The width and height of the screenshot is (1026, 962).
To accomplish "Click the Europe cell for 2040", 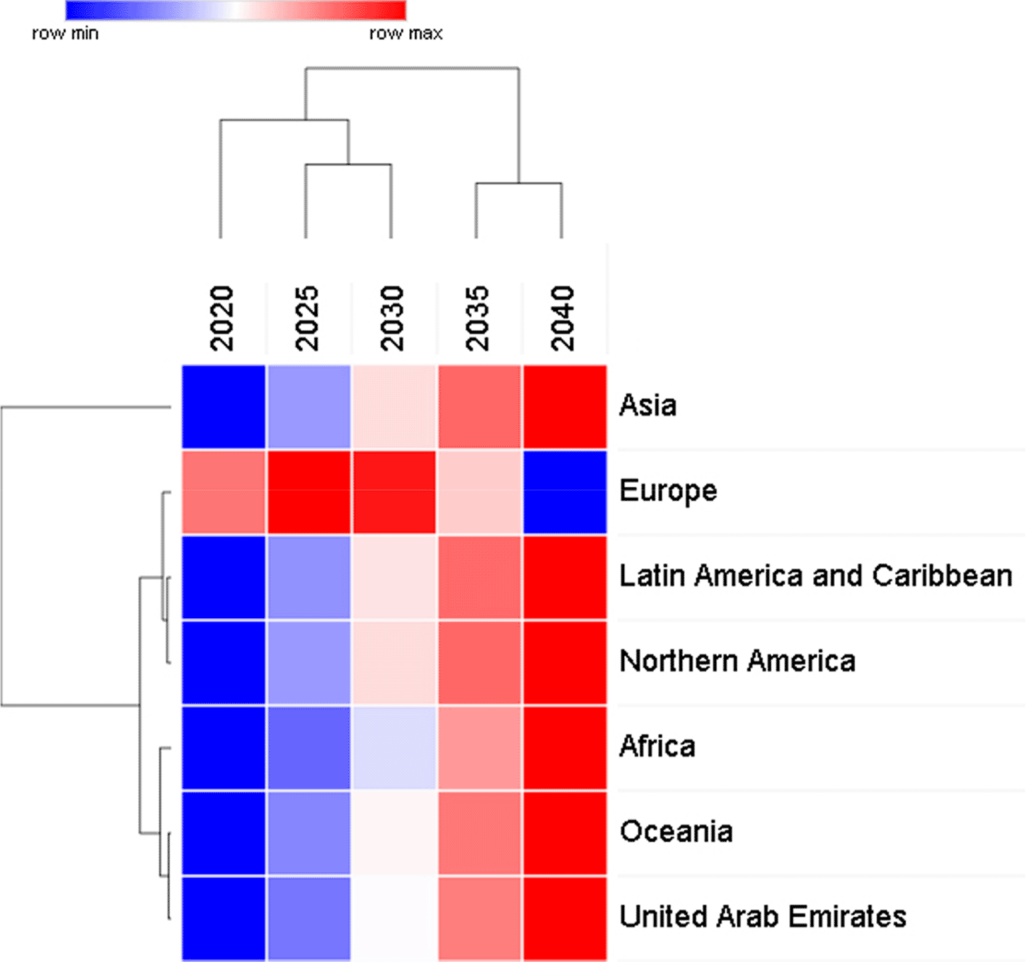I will click(x=565, y=492).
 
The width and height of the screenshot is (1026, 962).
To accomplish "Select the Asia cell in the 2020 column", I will click(x=223, y=407).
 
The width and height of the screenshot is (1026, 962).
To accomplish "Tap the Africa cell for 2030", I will click(x=394, y=748).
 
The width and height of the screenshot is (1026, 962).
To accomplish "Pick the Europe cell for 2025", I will click(x=308, y=492).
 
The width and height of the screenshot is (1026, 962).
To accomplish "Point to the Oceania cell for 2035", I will click(x=479, y=833).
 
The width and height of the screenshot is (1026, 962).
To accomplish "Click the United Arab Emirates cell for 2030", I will click(x=394, y=918).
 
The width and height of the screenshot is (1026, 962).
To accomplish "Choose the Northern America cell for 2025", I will click(x=308, y=662).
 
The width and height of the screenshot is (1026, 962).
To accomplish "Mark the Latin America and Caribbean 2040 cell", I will click(x=565, y=578).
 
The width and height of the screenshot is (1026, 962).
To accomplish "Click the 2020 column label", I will click(x=222, y=318).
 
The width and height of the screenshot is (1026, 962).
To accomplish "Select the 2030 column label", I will click(x=392, y=318).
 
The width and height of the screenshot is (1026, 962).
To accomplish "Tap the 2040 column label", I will click(x=563, y=318).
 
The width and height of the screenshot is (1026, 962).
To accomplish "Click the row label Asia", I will click(x=648, y=406).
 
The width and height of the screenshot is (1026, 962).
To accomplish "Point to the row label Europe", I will click(x=668, y=491).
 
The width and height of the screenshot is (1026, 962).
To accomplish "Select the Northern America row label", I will click(x=737, y=662).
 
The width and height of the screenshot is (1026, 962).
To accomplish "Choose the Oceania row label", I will click(x=676, y=832).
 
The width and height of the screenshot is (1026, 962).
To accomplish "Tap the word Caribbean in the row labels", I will click(x=942, y=576).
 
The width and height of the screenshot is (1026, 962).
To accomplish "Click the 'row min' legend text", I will click(x=65, y=33).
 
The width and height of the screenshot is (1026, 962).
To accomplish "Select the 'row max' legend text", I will click(x=405, y=33).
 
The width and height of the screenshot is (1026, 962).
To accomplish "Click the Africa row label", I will click(x=657, y=747).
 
